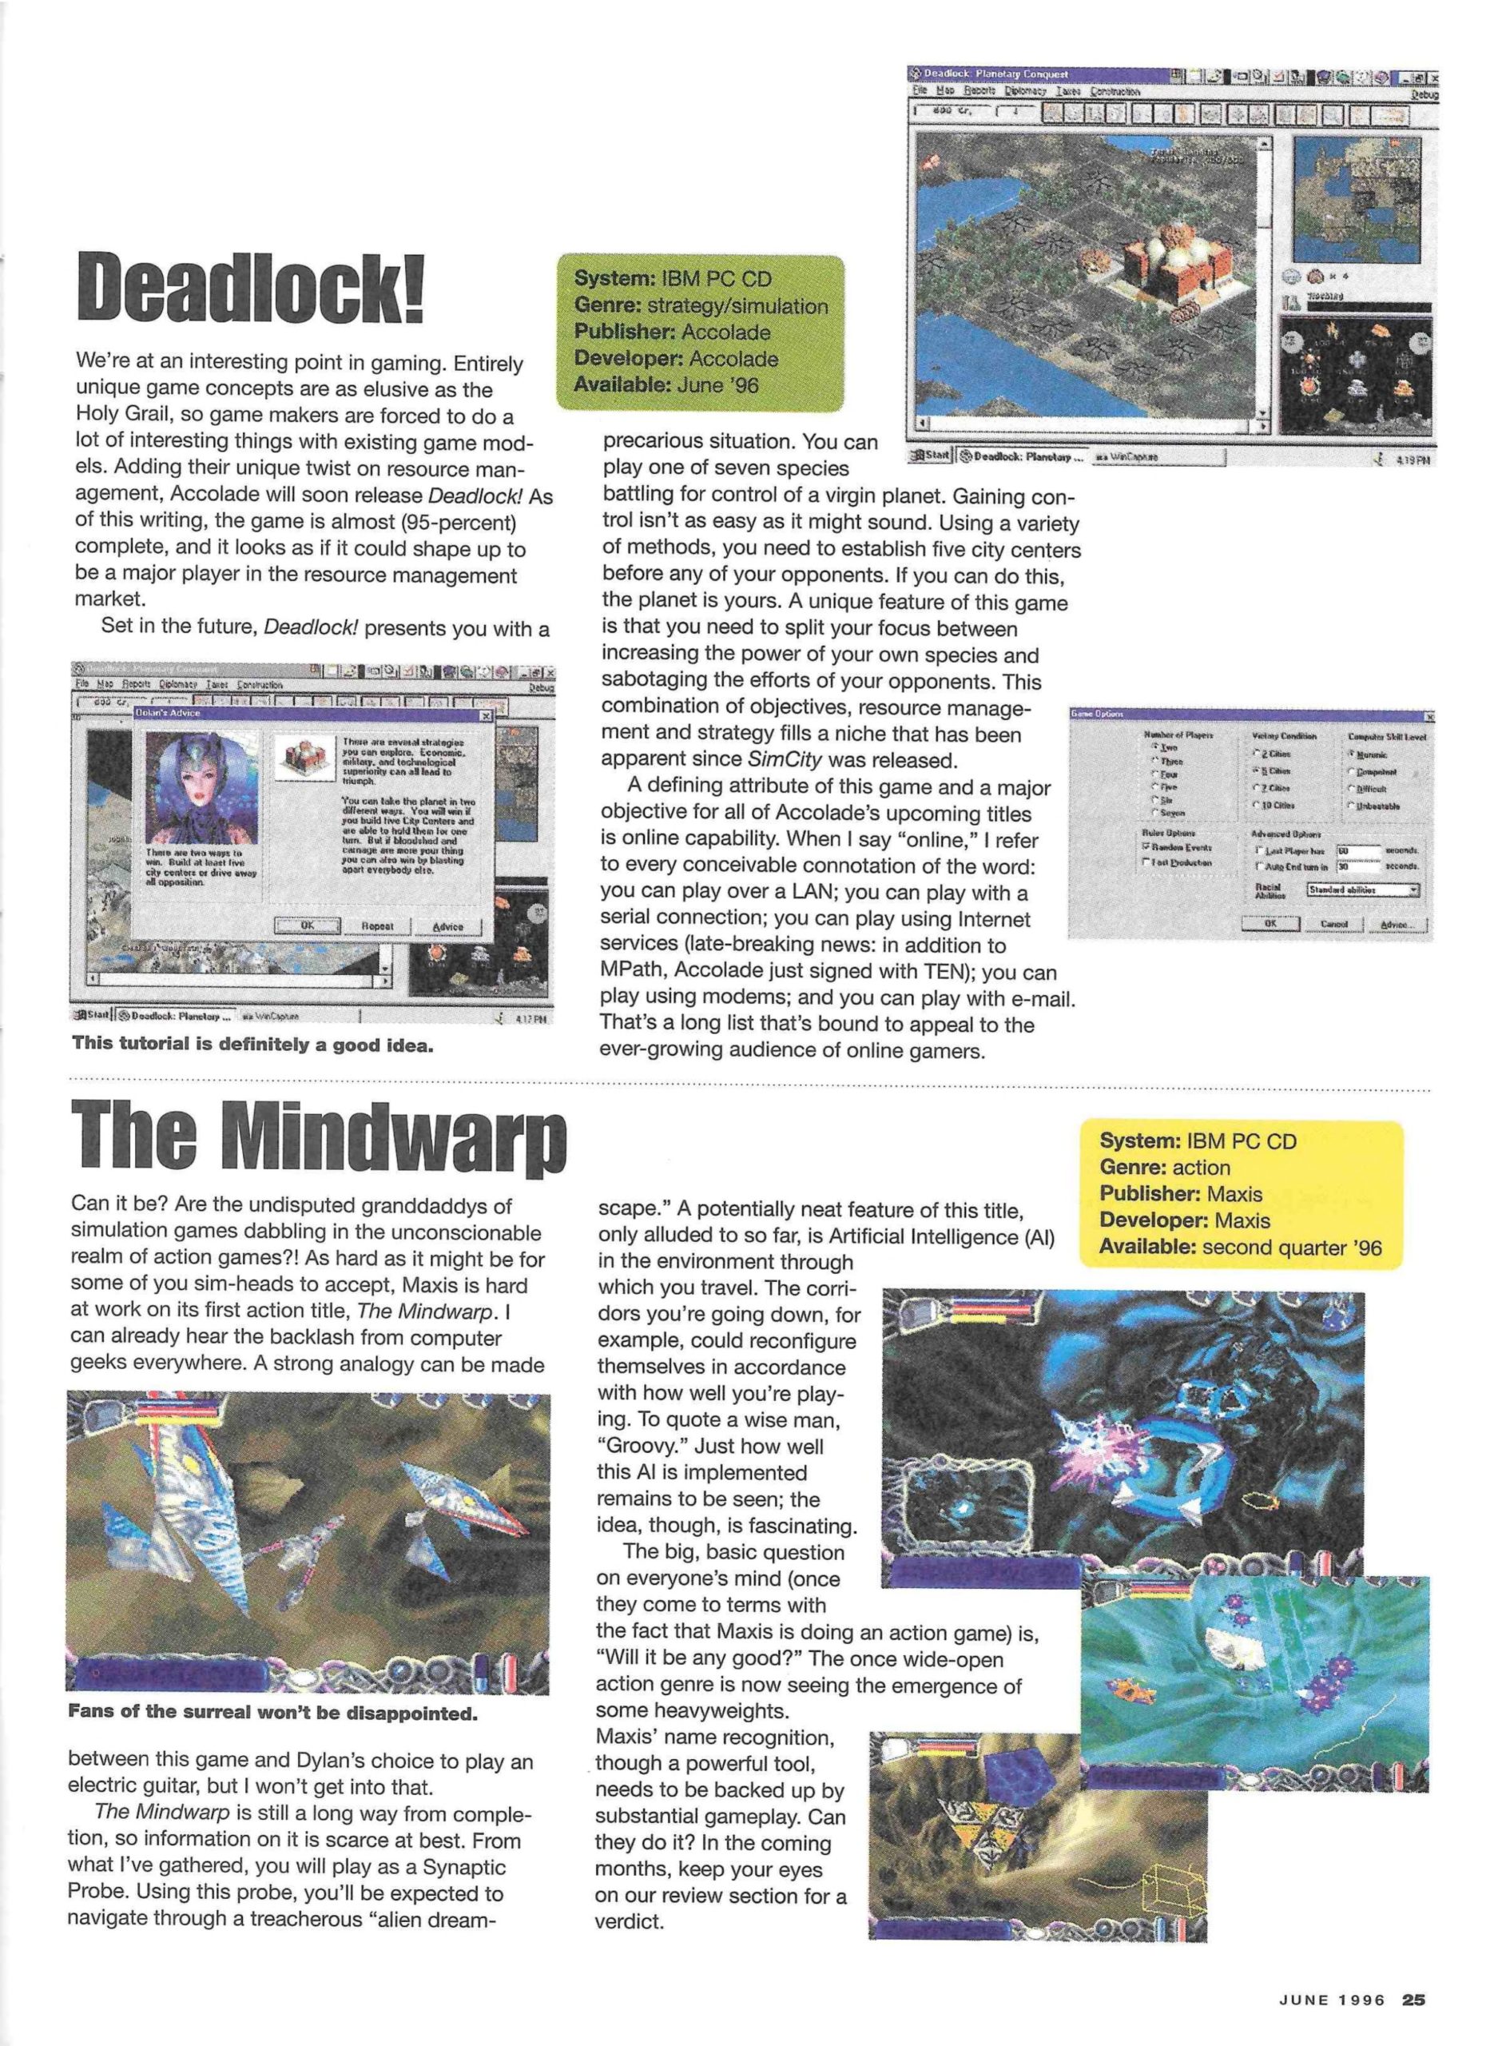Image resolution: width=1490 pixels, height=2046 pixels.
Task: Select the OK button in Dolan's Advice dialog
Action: pos(307,925)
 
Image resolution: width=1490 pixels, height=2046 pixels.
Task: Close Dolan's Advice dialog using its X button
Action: pos(486,715)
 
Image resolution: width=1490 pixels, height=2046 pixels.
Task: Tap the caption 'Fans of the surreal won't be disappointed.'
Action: pos(272,1713)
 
